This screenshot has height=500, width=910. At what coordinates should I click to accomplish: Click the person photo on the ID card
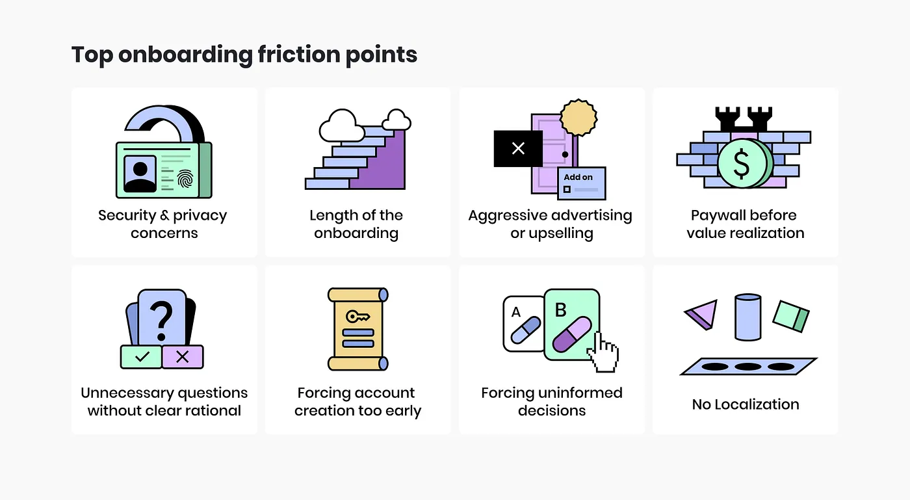[140, 173]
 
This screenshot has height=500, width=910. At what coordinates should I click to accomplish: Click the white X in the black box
[518, 149]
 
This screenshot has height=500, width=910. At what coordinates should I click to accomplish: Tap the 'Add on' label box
[581, 183]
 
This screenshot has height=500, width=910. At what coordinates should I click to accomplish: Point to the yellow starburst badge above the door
[578, 117]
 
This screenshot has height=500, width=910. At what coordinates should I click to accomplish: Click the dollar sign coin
[741, 164]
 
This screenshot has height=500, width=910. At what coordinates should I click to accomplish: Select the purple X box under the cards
[183, 356]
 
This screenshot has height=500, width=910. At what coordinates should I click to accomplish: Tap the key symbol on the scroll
[357, 317]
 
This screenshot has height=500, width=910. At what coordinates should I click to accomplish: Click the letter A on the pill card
[516, 312]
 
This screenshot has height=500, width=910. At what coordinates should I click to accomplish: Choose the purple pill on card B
[572, 334]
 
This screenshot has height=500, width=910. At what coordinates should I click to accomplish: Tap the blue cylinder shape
[747, 317]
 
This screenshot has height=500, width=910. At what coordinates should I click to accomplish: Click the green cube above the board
[790, 315]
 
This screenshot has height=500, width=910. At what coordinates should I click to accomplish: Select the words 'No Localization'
[746, 404]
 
